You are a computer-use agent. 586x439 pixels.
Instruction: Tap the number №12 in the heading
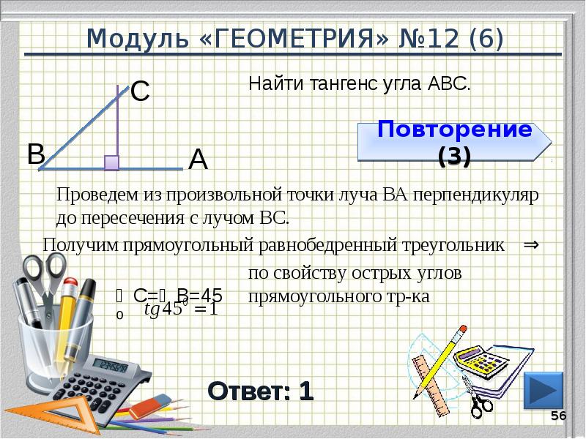click(434, 37)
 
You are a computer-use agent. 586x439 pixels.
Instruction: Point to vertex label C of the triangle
click(140, 91)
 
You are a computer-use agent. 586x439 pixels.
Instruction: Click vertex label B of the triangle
click(36, 153)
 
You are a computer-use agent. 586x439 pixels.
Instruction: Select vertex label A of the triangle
click(198, 159)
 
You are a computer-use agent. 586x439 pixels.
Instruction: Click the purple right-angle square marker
click(111, 162)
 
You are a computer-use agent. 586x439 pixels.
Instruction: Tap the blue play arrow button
click(544, 390)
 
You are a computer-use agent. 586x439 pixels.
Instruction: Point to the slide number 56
click(559, 416)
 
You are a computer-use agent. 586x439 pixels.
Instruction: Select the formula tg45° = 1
click(181, 309)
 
